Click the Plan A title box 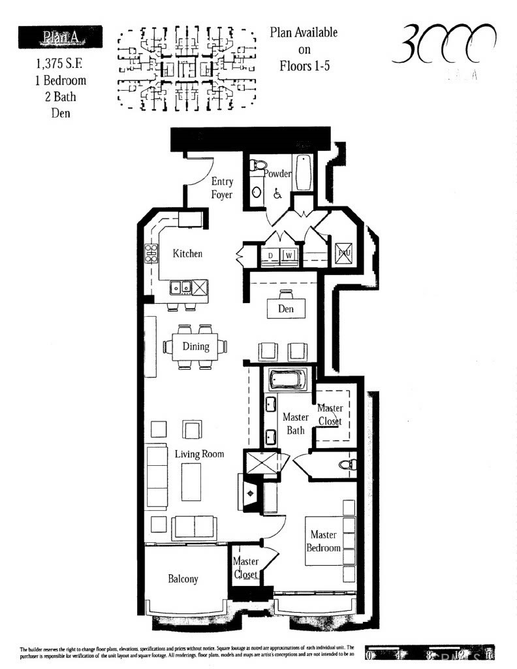(60, 36)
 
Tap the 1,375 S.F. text (60, 66)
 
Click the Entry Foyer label (222, 188)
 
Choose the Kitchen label (187, 253)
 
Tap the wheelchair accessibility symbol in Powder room (277, 193)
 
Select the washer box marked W (288, 255)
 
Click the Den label (286, 309)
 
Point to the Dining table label (196, 347)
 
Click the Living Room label (199, 454)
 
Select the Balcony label (183, 579)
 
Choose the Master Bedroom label (324, 542)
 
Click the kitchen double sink (181, 286)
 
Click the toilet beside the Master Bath (347, 465)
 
